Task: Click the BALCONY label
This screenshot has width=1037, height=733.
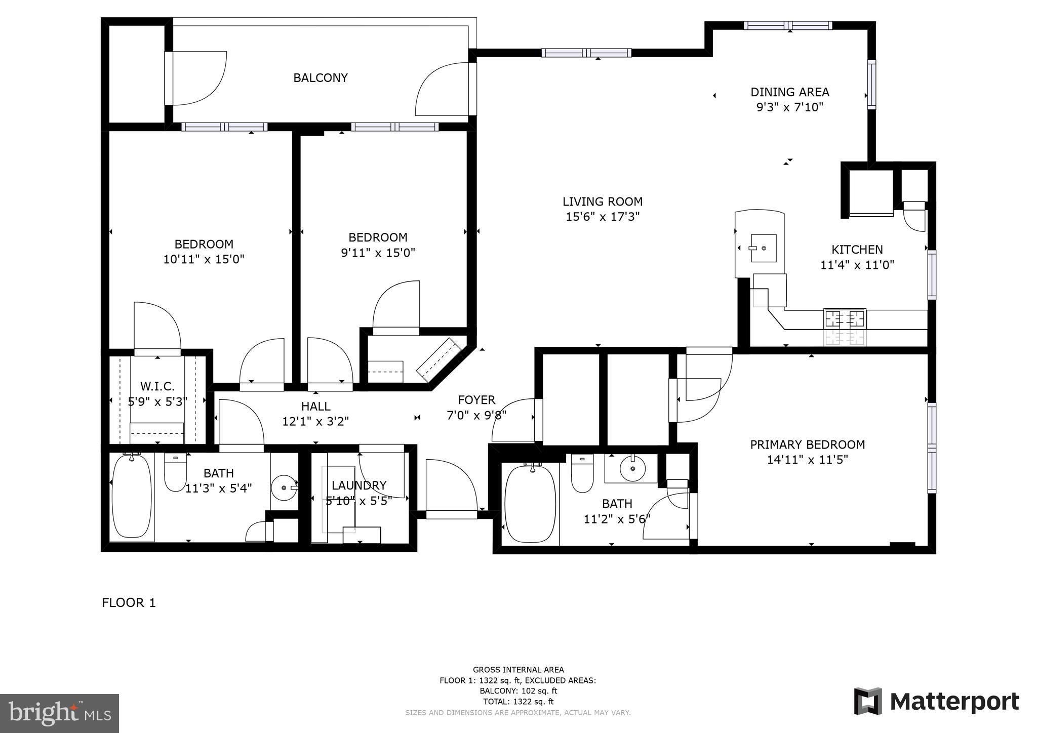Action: [321, 78]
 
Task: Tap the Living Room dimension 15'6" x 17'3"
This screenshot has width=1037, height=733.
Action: [603, 217]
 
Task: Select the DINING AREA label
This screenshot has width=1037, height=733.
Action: [789, 92]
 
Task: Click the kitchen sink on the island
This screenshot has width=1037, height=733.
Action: [764, 248]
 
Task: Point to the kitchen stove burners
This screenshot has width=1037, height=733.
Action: [845, 319]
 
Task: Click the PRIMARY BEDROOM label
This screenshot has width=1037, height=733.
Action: [807, 444]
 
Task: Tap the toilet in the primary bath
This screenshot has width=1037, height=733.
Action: [582, 474]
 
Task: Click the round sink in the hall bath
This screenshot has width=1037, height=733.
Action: [284, 487]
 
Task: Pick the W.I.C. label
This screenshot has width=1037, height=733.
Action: [157, 387]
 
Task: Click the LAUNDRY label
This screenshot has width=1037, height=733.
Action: [359, 485]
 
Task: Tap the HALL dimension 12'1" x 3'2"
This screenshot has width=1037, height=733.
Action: [315, 421]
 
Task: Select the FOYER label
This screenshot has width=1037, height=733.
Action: [476, 400]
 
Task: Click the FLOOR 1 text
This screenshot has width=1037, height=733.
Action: [129, 602]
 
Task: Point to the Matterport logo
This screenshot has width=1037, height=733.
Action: [937, 702]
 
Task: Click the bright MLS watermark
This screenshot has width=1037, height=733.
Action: [59, 713]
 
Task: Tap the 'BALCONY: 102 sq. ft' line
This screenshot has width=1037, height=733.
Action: [518, 691]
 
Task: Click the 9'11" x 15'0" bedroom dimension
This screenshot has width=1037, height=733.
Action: [378, 253]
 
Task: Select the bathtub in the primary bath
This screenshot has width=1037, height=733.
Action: [530, 504]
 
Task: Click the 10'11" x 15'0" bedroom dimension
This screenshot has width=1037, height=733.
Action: [204, 260]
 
